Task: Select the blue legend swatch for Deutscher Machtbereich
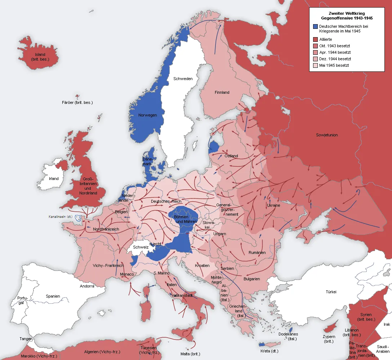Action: pos(316,27)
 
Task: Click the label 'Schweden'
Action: pos(183,79)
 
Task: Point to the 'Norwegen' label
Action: pos(147,115)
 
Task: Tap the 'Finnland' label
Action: pos(222,92)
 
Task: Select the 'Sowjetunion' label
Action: pos(327,135)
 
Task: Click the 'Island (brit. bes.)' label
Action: pos(40,57)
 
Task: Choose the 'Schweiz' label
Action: pos(141,247)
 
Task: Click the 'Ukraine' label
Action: pos(273,205)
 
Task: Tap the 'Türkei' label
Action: pos(331,291)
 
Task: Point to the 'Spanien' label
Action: pos(53,296)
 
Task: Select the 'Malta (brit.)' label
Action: pos(190,354)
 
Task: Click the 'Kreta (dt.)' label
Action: pos(269,351)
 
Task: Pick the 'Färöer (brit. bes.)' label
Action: pos(77,102)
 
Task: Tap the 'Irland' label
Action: pos(54,179)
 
